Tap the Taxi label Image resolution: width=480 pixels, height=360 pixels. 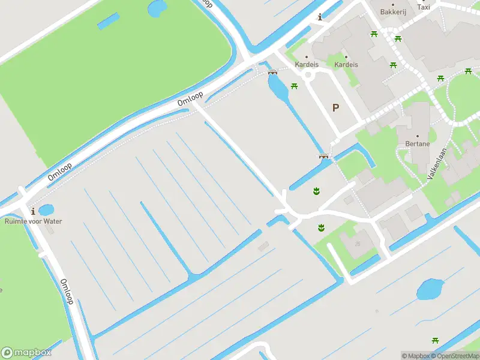tap(424, 7)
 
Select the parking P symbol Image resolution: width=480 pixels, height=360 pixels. tap(335, 108)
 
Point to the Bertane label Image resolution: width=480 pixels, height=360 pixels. tap(417, 144)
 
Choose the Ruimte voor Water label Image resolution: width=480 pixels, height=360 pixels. tap(33, 221)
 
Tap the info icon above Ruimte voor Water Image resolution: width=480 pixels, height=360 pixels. tap(32, 211)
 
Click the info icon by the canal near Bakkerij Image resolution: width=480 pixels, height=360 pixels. tap(320, 17)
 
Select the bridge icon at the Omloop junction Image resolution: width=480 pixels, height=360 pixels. tap(272, 72)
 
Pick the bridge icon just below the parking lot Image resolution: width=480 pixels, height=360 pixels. tap(324, 157)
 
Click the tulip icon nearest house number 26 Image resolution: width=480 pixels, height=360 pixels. tap(321, 227)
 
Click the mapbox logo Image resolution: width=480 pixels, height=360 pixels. tap(26, 352)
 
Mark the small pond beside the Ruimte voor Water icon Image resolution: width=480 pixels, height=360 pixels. tap(46, 211)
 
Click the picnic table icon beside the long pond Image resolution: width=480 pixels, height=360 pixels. tap(294, 86)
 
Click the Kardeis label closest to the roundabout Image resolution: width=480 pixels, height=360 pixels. tap(305, 65)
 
